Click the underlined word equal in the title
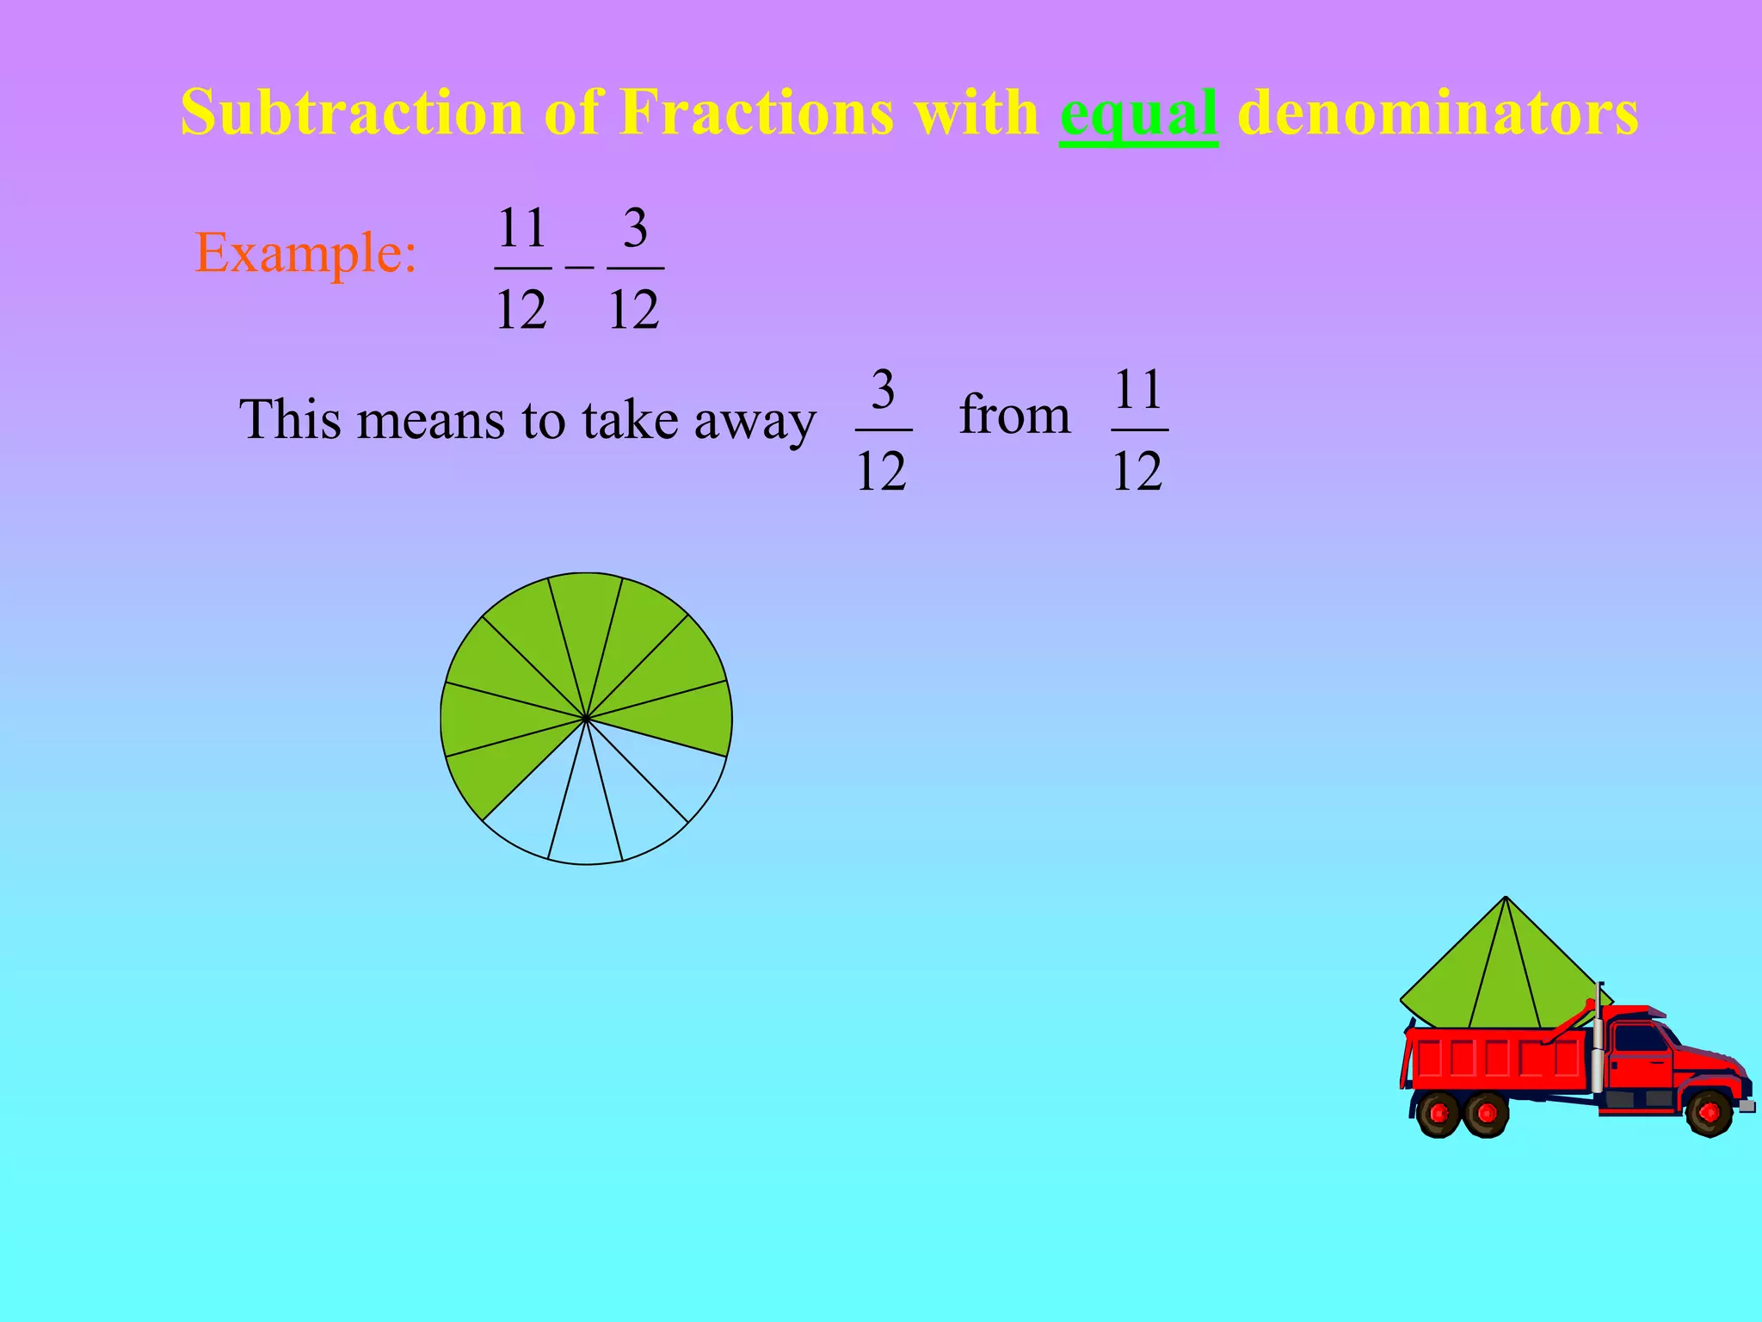point(1138,114)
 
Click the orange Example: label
point(306,253)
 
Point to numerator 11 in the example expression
point(522,228)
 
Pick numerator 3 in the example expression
point(635,228)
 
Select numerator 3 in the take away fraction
point(883,390)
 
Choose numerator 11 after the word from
point(1138,390)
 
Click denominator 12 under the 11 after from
point(1137,471)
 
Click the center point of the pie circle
point(586,718)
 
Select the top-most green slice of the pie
point(586,620)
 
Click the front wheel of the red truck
point(1709,1112)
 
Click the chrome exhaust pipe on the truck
point(1598,1041)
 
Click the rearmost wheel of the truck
point(1438,1114)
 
